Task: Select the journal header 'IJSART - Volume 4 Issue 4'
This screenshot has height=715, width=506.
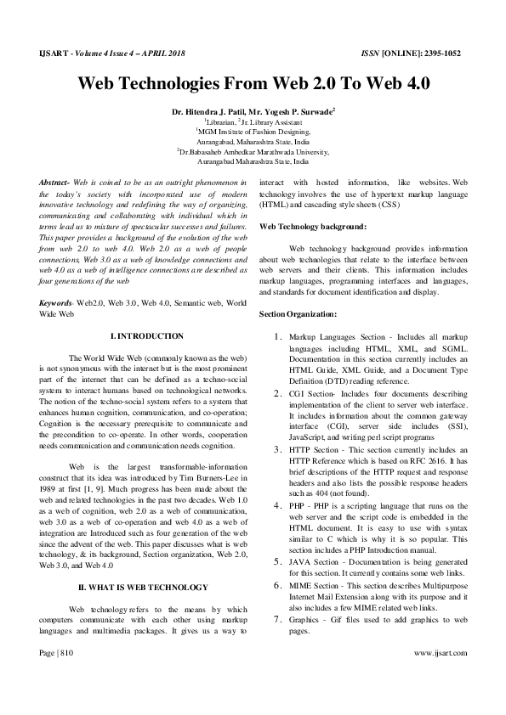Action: pos(89,53)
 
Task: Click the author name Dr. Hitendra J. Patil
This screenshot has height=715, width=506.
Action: pos(208,111)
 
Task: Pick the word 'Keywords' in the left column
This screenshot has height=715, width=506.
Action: pos(55,302)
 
